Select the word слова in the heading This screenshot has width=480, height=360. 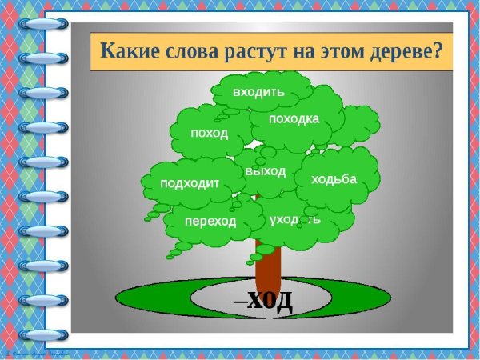(x=191, y=53)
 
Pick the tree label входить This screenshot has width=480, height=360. (x=258, y=91)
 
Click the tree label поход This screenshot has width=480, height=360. (x=209, y=132)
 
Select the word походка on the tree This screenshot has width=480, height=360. (x=294, y=119)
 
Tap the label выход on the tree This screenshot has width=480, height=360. (x=266, y=171)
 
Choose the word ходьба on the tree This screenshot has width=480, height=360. (x=334, y=178)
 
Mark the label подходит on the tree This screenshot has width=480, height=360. (x=190, y=182)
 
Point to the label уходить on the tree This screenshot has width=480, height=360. (x=295, y=218)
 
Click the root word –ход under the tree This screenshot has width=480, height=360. (x=263, y=301)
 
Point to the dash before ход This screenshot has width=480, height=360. (x=238, y=302)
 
